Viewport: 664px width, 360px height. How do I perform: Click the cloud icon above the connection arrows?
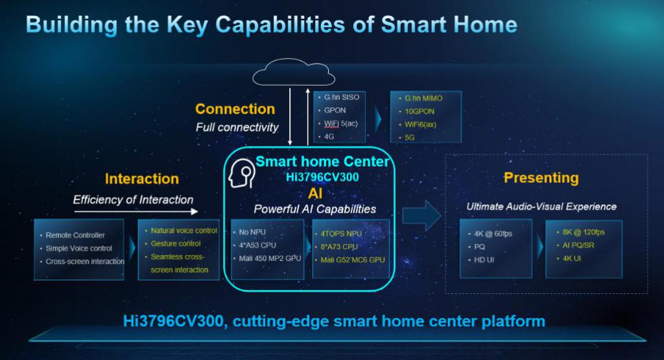tap(294, 73)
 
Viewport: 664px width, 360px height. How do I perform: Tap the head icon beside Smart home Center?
tap(243, 174)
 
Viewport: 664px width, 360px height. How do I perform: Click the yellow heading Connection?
tap(235, 109)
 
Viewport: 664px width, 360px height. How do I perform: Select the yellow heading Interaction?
tap(142, 179)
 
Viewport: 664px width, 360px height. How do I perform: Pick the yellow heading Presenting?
tap(541, 178)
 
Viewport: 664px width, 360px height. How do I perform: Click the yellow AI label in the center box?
tap(315, 193)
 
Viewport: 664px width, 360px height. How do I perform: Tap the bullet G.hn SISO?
tap(341, 97)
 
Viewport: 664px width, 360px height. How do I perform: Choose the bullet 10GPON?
tap(420, 112)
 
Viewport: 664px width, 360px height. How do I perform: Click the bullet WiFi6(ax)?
tap(420, 125)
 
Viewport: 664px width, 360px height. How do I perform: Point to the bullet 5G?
tap(410, 138)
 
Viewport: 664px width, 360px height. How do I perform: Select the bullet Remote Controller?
tap(75, 235)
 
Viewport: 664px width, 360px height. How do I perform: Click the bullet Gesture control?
tap(176, 243)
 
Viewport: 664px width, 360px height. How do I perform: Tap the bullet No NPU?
tap(252, 232)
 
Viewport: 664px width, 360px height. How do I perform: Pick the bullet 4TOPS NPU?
tap(341, 234)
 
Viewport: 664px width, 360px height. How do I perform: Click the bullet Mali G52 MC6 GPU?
tap(352, 259)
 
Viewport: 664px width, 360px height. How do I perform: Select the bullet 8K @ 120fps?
tap(583, 232)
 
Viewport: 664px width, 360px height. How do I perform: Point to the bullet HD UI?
tap(484, 259)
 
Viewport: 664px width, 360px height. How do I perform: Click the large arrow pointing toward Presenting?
tap(421, 216)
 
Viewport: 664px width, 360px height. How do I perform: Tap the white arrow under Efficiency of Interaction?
tap(136, 211)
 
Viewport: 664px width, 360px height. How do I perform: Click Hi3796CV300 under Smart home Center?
tap(322, 177)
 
